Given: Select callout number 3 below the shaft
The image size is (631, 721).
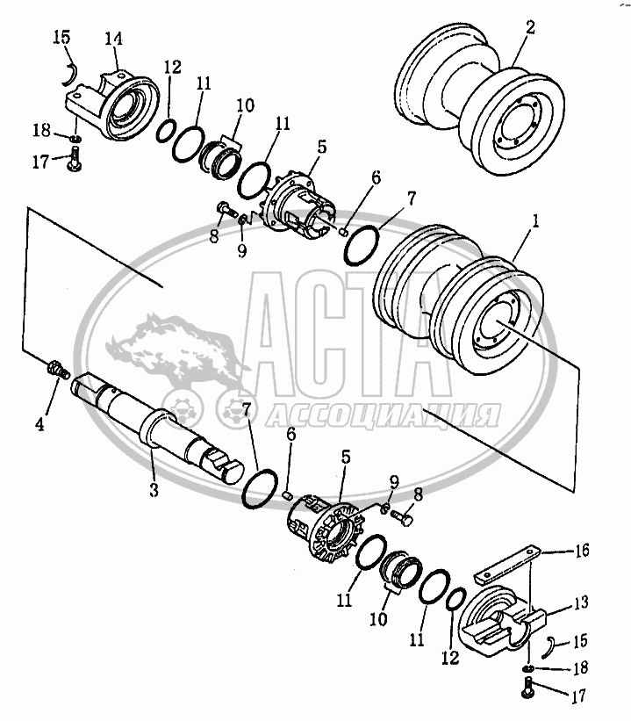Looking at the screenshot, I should [153, 489].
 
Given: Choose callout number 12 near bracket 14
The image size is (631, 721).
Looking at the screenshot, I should [172, 67].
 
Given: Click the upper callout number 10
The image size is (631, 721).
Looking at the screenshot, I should [245, 105].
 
